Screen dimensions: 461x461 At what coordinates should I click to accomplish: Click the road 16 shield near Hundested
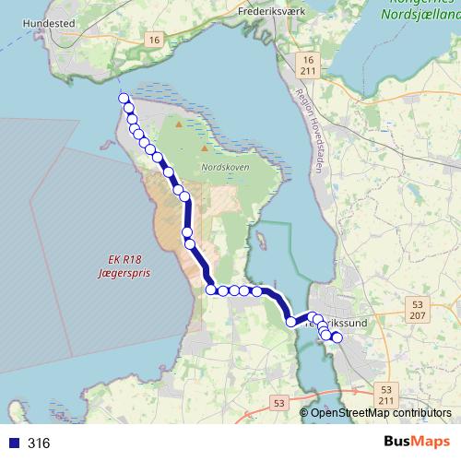pyautogui.click(x=153, y=41)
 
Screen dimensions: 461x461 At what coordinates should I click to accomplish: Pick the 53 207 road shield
pyautogui.click(x=419, y=310)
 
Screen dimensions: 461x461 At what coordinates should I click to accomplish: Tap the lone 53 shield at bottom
pyautogui.click(x=279, y=402)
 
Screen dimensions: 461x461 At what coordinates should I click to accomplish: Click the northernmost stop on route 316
pyautogui.click(x=124, y=99)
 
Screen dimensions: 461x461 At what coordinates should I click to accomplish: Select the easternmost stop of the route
pyautogui.click(x=337, y=338)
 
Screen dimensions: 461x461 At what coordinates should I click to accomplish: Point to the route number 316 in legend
pyautogui.click(x=39, y=443)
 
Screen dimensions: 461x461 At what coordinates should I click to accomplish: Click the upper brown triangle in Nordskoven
pyautogui.click(x=178, y=123)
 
